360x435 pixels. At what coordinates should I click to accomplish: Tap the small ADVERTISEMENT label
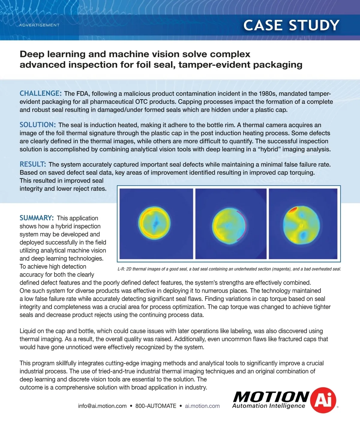[39, 25]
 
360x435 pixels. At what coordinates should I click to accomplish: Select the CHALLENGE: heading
[40, 93]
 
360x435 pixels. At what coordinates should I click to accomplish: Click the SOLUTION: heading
[37, 125]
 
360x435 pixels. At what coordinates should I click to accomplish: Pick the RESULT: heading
[33, 164]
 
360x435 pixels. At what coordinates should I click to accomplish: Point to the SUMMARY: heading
[37, 218]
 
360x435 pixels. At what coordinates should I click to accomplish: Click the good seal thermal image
[156, 223]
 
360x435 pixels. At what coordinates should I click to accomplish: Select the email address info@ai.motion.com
[102, 406]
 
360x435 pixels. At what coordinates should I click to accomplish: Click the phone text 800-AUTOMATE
[156, 406]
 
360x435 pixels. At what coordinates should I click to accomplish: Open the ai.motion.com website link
[202, 406]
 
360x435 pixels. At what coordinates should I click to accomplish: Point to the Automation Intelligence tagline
[268, 406]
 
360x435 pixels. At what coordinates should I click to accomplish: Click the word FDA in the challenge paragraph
[83, 94]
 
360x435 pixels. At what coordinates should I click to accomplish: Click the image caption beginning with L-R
[229, 269]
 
